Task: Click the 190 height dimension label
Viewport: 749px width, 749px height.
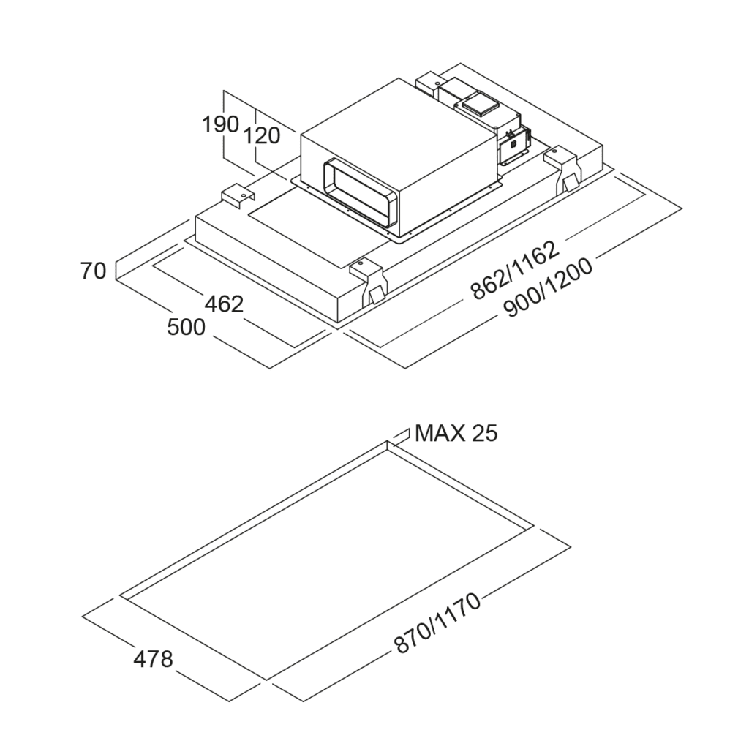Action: pyautogui.click(x=220, y=124)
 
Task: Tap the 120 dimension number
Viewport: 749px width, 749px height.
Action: pyautogui.click(x=262, y=135)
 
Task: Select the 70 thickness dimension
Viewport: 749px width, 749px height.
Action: pyautogui.click(x=93, y=271)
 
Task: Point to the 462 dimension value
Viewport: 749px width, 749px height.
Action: pyautogui.click(x=223, y=304)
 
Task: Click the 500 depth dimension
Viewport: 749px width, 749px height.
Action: pyautogui.click(x=187, y=328)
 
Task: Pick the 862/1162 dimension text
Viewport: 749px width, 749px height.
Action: pyautogui.click(x=514, y=269)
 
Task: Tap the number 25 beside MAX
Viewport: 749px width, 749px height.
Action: pyautogui.click(x=484, y=433)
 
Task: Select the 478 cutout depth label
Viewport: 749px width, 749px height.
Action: pyautogui.click(x=153, y=659)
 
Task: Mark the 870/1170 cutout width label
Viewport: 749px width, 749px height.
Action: pyautogui.click(x=437, y=623)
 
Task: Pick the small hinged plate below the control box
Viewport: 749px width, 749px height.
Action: pyautogui.click(x=513, y=146)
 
